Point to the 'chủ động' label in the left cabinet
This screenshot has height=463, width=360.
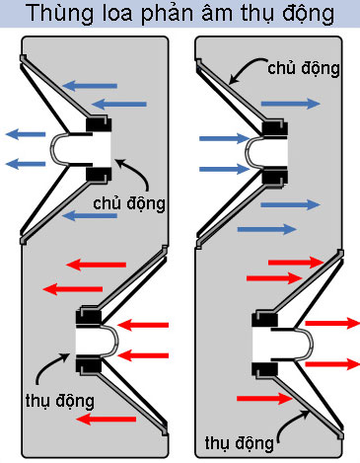(128, 202)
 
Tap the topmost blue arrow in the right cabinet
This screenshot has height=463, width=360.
(293, 103)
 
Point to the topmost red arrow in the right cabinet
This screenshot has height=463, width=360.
(301, 262)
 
